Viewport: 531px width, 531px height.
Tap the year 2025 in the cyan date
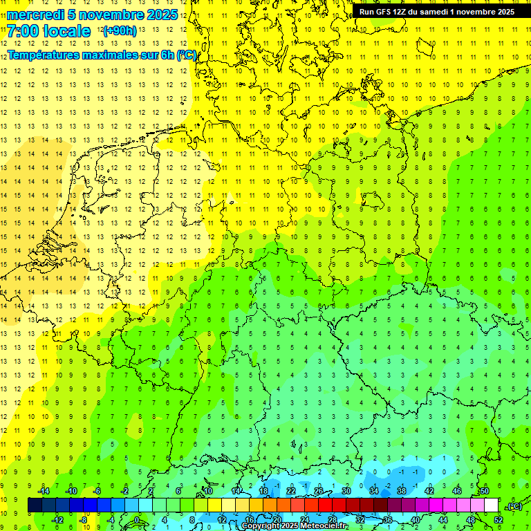pyautogui.click(x=158, y=15)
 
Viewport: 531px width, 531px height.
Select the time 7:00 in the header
pyautogui.click(x=24, y=31)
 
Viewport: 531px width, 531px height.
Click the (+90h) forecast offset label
pyautogui.click(x=119, y=31)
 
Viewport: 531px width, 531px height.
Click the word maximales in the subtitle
pyautogui.click(x=122, y=55)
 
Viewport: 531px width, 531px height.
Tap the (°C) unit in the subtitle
pyautogui.click(x=186, y=55)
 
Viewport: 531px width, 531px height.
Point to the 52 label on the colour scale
pyautogui.click(x=499, y=519)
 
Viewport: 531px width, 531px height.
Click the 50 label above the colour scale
pyautogui.click(x=485, y=490)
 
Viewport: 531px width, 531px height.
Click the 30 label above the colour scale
pyautogui.click(x=346, y=490)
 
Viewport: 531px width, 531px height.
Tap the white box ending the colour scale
pyautogui.click(x=492, y=505)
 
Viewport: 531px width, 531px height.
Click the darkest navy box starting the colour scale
pyautogui.click(x=35, y=505)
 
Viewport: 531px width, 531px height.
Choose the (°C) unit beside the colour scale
pyautogui.click(x=514, y=506)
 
